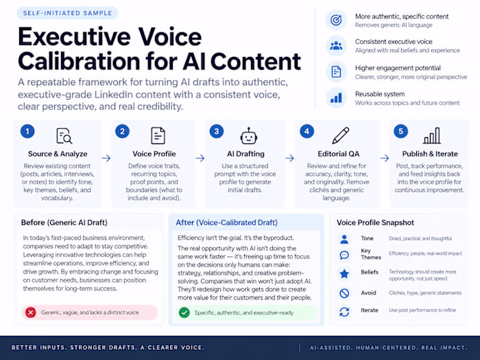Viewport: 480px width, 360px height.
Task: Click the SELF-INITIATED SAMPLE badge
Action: point(67,13)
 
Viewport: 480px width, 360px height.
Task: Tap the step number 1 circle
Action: point(27,132)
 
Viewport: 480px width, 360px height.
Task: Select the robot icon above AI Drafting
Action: point(248,136)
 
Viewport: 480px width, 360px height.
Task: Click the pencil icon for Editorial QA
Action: point(341,135)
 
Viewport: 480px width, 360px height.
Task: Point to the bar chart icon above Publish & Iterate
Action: point(432,136)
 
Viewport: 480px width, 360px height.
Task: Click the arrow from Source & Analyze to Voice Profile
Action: point(106,158)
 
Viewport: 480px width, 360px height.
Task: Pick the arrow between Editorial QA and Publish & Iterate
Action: point(385,158)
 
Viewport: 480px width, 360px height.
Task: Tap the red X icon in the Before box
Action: point(31,313)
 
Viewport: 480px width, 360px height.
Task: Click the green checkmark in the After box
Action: point(184,313)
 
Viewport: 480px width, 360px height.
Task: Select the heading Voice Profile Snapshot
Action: point(375,223)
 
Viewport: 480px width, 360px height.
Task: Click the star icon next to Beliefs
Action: point(344,274)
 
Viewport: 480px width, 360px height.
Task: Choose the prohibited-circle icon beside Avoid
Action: point(344,293)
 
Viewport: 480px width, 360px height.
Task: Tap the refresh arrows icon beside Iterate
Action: point(344,312)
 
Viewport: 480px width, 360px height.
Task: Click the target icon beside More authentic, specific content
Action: point(336,20)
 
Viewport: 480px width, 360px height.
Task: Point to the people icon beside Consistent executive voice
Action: point(336,46)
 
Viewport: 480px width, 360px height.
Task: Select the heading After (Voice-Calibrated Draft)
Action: point(226,223)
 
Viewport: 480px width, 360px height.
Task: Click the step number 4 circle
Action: point(307,132)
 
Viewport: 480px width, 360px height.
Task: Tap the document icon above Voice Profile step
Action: point(158,136)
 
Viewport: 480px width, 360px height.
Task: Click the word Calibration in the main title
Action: point(80,61)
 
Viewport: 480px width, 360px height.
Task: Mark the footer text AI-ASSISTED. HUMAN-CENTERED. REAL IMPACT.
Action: point(389,348)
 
